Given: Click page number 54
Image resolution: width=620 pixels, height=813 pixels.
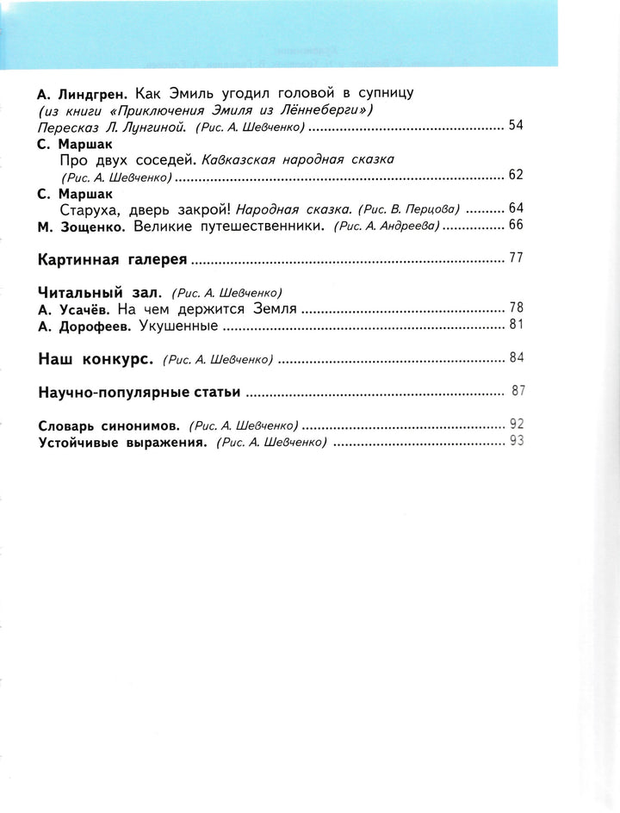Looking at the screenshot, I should point(516,126).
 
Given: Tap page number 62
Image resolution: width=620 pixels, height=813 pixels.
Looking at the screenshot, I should point(516,175).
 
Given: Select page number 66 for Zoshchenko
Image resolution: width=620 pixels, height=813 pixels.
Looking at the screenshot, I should point(516,225).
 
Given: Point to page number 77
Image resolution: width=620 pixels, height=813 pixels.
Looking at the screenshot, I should point(516,258).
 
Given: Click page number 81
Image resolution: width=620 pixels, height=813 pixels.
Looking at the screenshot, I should point(516,325).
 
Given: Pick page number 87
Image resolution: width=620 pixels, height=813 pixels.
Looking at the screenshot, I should point(518,390).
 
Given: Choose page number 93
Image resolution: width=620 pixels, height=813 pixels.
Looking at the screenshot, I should point(517,441).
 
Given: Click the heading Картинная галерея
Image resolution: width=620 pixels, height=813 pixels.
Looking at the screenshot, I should point(112,258).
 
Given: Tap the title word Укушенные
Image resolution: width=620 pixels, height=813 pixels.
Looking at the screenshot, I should point(179,326).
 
